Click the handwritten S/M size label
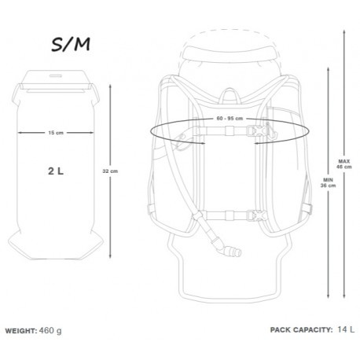71,44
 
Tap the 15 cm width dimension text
56,133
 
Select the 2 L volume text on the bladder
56,171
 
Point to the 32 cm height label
110,171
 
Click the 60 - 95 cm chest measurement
230,119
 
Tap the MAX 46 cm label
344,164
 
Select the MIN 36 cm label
328,182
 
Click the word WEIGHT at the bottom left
21,331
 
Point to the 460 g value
50,331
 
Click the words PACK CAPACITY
301,330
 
